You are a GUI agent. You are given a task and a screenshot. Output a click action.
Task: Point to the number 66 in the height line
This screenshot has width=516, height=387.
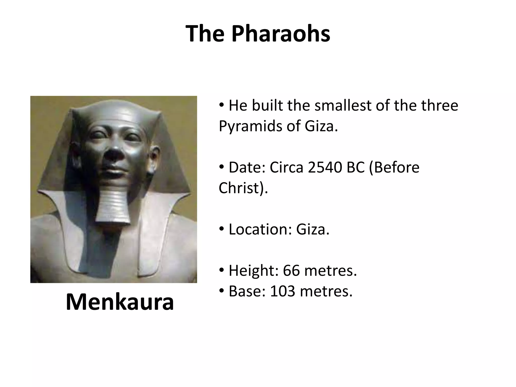pos(291,271)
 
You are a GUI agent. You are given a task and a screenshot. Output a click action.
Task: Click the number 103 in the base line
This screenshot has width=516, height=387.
pos(282,291)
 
